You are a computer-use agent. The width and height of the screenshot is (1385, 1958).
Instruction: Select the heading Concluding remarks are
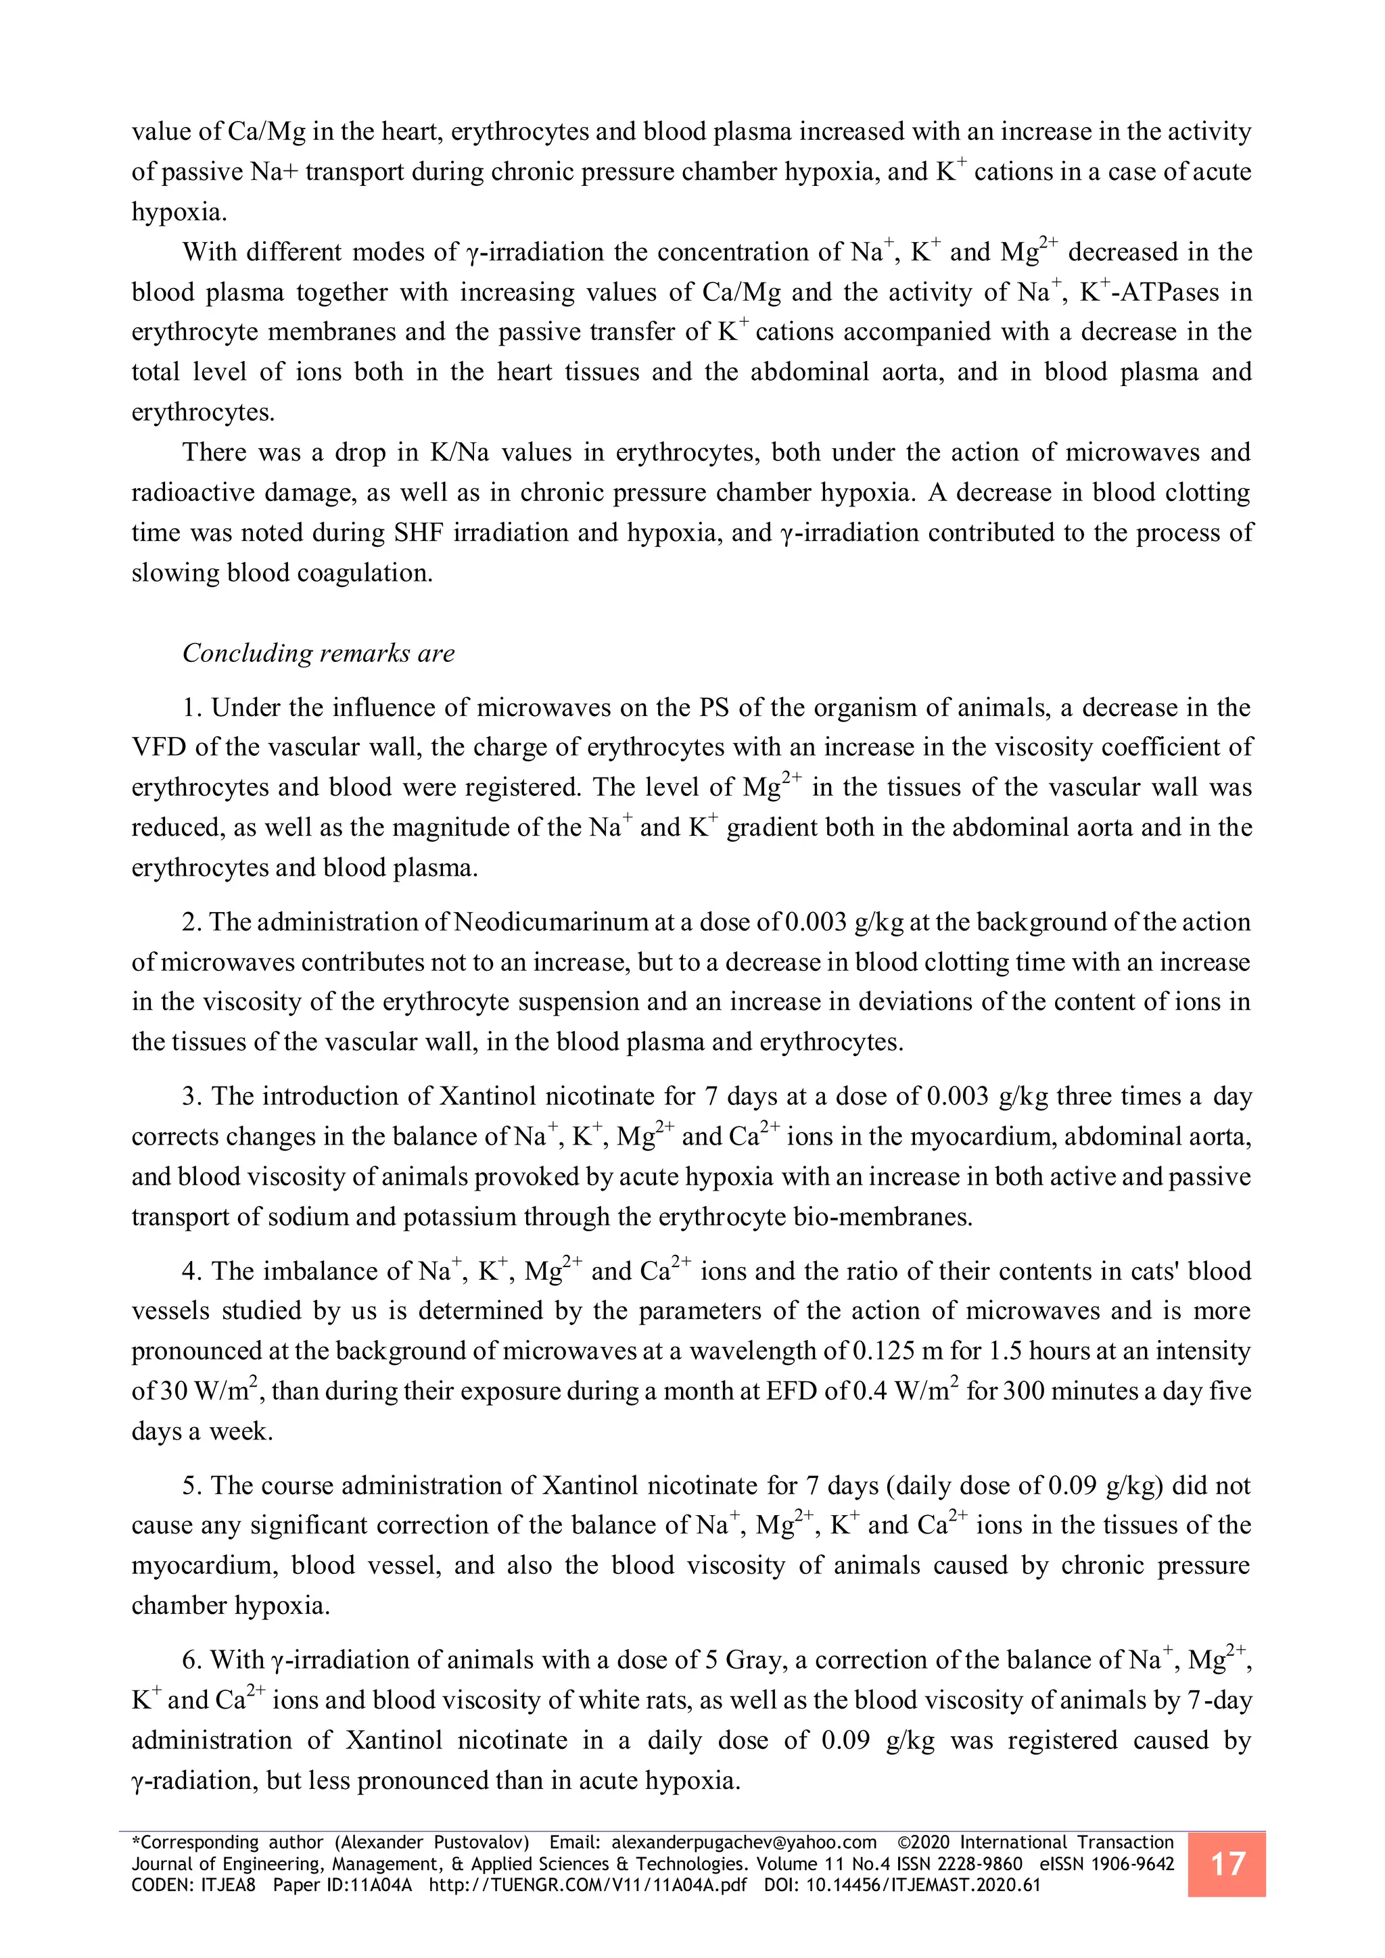(318, 653)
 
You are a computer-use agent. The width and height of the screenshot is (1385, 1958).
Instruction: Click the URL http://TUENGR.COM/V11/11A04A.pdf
(588, 1886)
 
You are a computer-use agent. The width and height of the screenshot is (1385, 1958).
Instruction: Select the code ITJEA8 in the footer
(229, 1886)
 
